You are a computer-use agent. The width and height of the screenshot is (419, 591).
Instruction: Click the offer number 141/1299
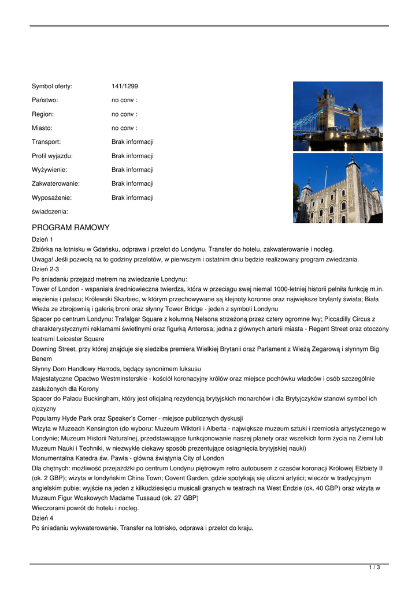(124, 87)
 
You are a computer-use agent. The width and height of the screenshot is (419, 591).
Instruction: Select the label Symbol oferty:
(52, 87)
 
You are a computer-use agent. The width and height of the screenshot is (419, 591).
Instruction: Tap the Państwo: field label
(45, 100)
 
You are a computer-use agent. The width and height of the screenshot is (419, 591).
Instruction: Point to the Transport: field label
(46, 142)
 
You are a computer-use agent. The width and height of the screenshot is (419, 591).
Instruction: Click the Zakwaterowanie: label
(55, 184)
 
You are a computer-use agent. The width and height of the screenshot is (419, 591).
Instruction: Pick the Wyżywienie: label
(49, 170)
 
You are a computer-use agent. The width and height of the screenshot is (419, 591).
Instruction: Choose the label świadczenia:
(50, 212)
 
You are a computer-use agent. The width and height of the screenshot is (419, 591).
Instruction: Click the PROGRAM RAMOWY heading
(71, 227)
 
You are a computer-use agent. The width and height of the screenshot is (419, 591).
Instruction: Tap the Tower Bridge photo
(338, 116)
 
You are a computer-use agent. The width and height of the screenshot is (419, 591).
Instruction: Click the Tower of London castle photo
(338, 188)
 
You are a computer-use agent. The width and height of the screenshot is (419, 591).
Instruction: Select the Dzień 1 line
(42, 239)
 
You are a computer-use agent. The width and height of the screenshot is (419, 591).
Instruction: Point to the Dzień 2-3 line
(45, 269)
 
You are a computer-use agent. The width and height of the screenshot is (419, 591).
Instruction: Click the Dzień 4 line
(42, 518)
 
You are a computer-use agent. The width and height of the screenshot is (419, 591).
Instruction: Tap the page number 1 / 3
(374, 568)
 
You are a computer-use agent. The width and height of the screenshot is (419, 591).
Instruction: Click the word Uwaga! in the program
(42, 259)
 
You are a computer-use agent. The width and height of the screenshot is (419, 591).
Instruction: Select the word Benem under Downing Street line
(42, 358)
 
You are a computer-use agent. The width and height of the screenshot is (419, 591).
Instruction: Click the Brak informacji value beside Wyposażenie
(132, 197)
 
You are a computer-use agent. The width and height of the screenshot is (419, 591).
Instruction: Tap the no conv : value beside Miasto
(124, 128)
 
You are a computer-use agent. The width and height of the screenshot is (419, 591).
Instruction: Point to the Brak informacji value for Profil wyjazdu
(132, 156)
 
